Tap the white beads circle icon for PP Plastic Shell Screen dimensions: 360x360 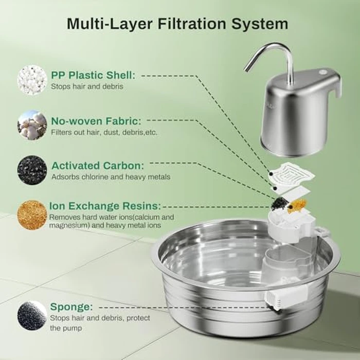click(32, 80)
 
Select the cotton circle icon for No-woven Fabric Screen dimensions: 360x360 click(32, 125)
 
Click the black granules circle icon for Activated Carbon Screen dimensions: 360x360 click(32, 170)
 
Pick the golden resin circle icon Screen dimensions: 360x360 click(32, 215)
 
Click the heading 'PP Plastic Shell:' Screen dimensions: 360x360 click(93, 75)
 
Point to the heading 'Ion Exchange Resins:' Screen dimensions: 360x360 click(105, 206)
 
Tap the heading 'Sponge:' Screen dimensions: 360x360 click(71, 307)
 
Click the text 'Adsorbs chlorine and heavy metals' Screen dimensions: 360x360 click(111, 177)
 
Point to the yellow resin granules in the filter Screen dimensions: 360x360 click(295, 207)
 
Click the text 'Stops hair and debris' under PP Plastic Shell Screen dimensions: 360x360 click(87, 86)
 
